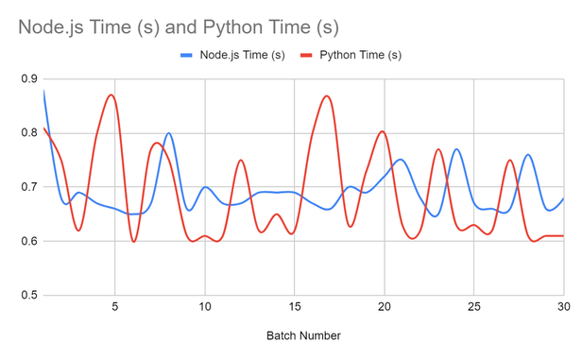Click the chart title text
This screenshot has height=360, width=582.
point(178,26)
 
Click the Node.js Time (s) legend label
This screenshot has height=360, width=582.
point(242,55)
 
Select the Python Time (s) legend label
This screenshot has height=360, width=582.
point(361,55)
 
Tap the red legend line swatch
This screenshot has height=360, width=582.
point(306,55)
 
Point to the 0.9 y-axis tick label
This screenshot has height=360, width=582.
point(26,79)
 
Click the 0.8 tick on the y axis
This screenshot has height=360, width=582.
point(26,133)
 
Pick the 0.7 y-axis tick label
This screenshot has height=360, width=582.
point(26,187)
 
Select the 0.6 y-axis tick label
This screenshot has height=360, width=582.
point(26,241)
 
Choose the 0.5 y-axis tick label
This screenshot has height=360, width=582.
point(26,295)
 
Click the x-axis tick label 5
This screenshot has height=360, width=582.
point(115,307)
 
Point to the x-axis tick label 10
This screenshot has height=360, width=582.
point(205,307)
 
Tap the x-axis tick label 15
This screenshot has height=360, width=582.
point(295,307)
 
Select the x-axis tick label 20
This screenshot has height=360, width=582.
point(385,307)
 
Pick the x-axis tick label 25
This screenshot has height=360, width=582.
point(474,307)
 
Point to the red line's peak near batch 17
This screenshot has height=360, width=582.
point(327,95)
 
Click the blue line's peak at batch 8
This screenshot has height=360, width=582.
point(168,133)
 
